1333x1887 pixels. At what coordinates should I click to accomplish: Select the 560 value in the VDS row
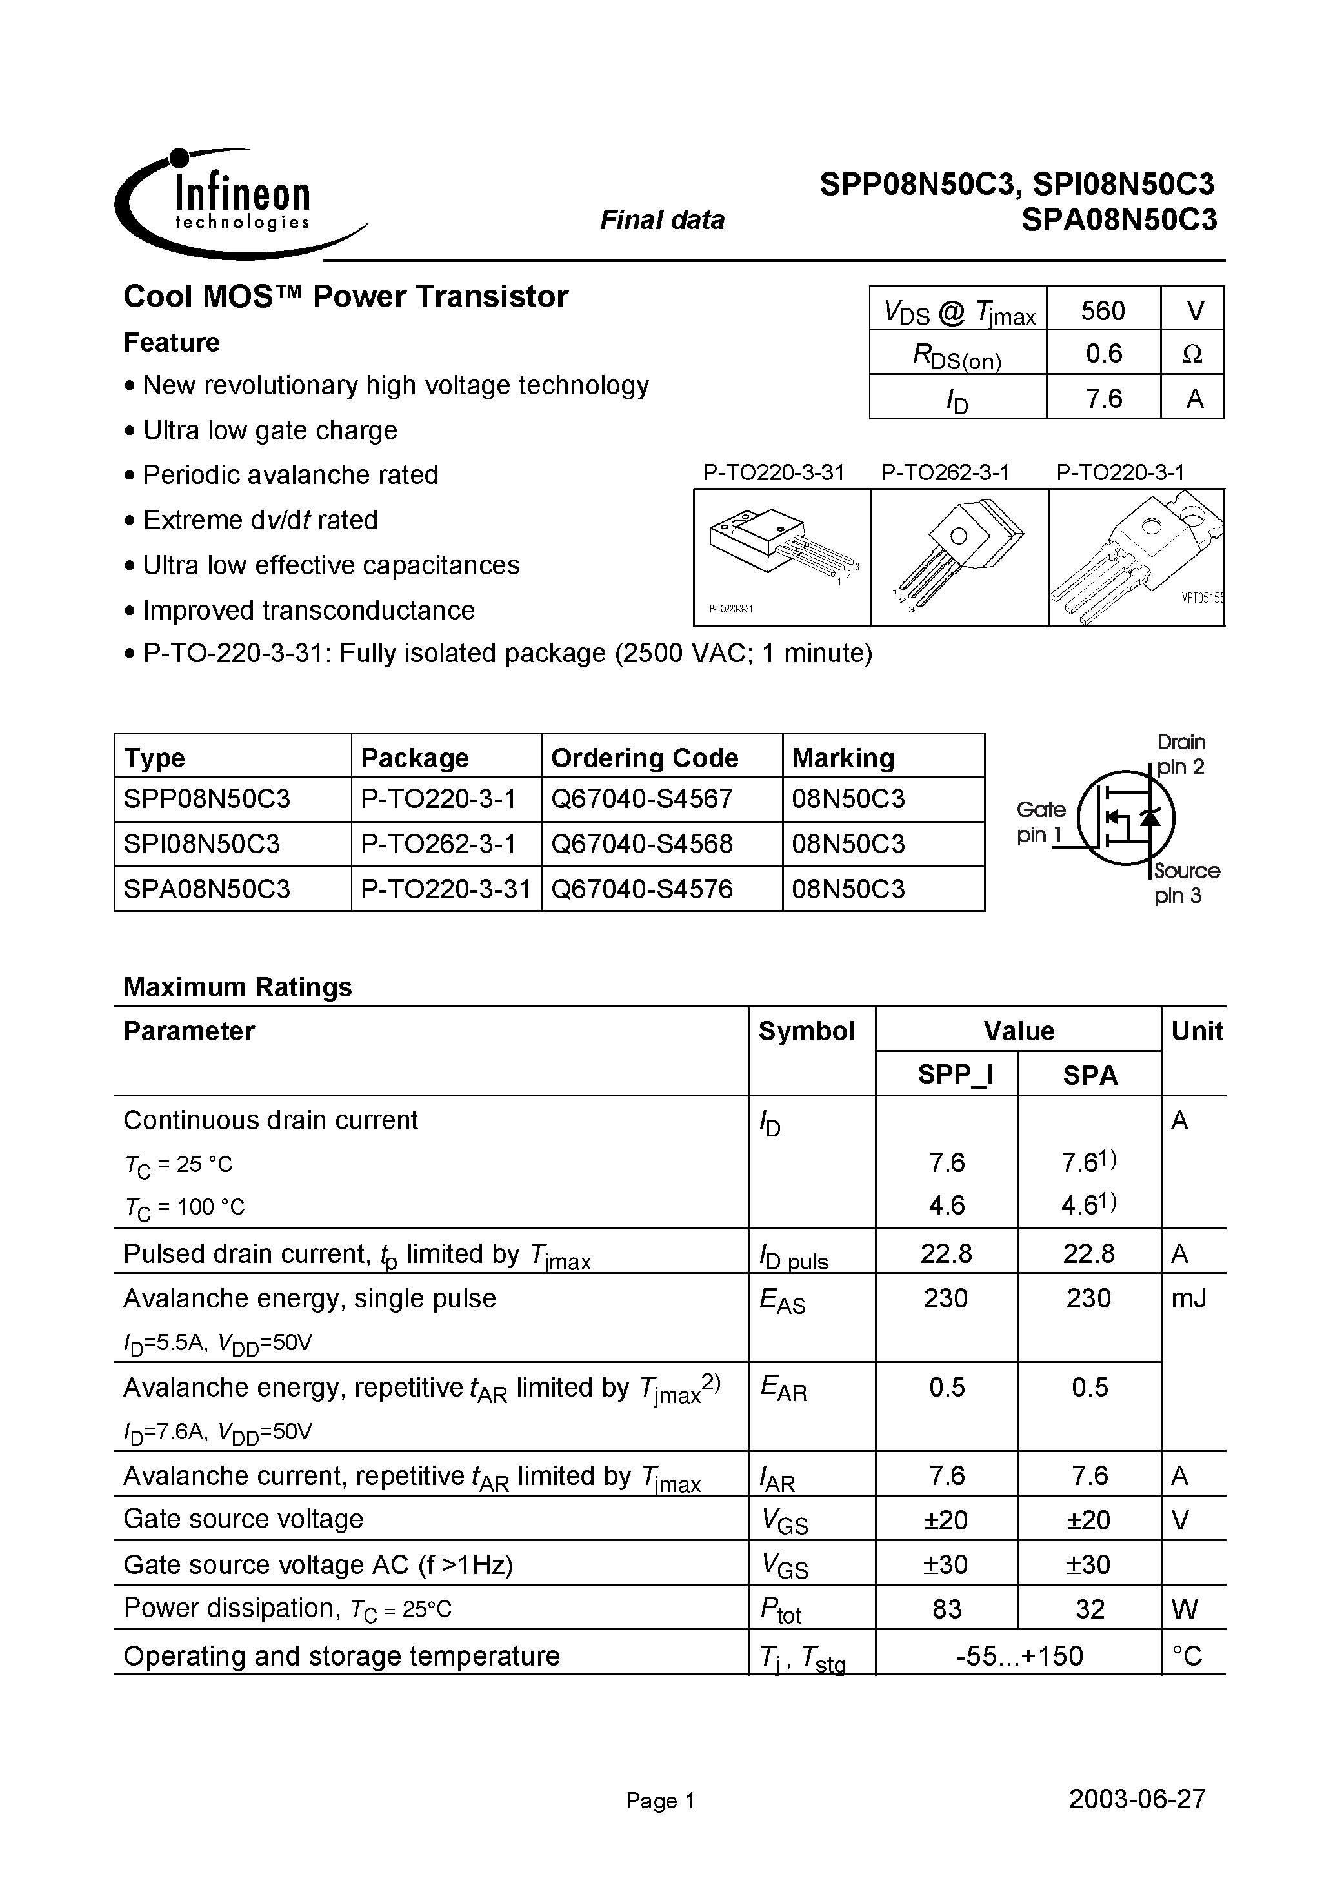[x=1102, y=310]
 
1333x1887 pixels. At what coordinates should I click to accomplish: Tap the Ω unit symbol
[x=1192, y=354]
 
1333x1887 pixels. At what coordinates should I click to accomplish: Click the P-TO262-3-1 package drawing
[x=959, y=557]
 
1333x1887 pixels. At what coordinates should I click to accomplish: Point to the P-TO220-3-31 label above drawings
[x=774, y=472]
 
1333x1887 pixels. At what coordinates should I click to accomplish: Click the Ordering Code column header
[x=645, y=757]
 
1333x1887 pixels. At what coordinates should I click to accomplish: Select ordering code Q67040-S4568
[x=641, y=844]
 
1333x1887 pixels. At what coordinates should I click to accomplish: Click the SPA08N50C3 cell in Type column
[x=207, y=889]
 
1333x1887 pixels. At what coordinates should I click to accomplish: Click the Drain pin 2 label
[x=1181, y=754]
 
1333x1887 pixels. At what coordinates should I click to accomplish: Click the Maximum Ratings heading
[x=237, y=986]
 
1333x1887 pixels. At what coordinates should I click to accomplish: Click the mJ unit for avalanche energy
[x=1188, y=1298]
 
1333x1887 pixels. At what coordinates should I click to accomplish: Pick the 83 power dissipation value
[x=946, y=1608]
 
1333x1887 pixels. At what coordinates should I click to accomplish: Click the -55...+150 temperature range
[x=1019, y=1655]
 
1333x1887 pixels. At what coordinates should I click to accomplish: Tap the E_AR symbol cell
[x=783, y=1388]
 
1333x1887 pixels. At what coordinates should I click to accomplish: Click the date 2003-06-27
[x=1137, y=1799]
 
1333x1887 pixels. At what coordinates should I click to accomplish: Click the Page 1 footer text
[x=660, y=1801]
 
